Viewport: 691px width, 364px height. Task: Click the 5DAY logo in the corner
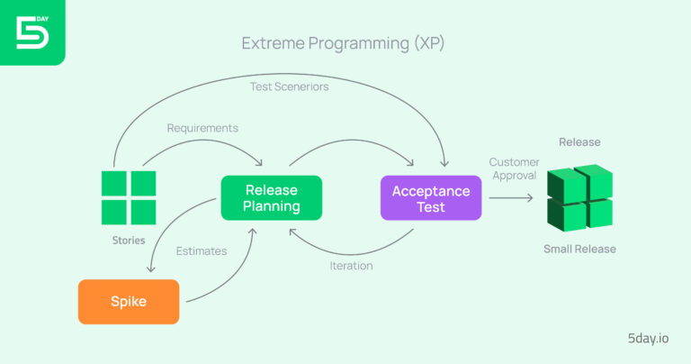(31, 32)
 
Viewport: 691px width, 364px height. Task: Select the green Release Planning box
(271, 197)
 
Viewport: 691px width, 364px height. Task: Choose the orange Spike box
(129, 301)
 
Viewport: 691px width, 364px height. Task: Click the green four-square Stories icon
(129, 197)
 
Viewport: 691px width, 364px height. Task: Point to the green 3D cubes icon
(579, 198)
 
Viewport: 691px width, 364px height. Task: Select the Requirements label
(202, 128)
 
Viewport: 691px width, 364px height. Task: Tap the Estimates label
(202, 251)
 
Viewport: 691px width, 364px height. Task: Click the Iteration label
(350, 266)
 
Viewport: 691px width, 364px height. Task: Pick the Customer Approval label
(514, 168)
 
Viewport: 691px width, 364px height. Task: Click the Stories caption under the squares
(129, 241)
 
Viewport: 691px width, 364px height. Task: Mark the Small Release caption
(579, 249)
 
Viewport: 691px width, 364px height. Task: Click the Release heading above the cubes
(579, 142)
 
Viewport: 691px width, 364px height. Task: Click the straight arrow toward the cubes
(513, 197)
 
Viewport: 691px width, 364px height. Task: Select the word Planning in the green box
(271, 206)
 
